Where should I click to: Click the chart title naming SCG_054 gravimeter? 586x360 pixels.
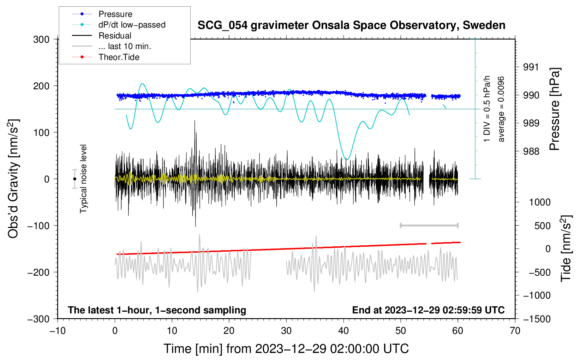(x=351, y=25)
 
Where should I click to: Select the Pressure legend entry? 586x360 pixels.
(x=115, y=14)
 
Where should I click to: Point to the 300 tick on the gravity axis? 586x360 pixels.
(x=41, y=40)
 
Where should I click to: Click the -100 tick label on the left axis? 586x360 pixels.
(x=38, y=226)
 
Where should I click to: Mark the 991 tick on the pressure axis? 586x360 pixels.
(x=531, y=67)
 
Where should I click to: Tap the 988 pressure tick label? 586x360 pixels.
(x=531, y=151)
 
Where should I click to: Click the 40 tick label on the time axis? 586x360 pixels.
(x=343, y=331)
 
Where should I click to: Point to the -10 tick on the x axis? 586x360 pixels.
(x=58, y=331)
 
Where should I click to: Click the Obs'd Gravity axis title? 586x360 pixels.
(x=13, y=179)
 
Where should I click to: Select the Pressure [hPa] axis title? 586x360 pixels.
(x=554, y=109)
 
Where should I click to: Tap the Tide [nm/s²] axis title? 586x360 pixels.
(x=566, y=248)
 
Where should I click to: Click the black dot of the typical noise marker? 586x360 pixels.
(x=74, y=179)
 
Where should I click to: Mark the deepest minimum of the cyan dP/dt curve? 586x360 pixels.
(x=347, y=159)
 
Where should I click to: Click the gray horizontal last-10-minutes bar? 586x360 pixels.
(x=429, y=225)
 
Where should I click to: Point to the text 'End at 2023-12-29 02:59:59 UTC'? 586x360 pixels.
(x=428, y=310)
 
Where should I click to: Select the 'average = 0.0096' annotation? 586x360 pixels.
(x=501, y=109)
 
